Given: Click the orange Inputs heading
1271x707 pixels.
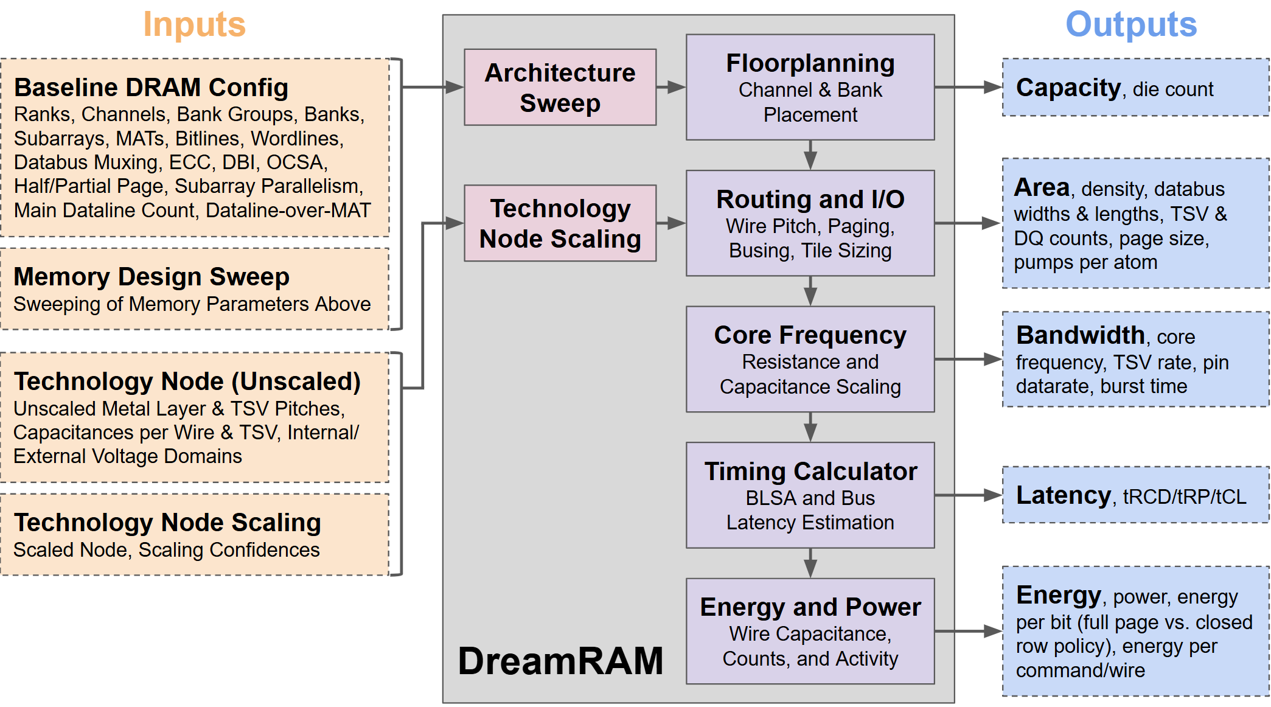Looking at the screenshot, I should pyautogui.click(x=194, y=25).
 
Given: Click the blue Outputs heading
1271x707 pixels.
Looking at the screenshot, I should pyautogui.click(x=1130, y=25).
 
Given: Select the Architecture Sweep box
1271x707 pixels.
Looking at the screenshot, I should pyautogui.click(x=560, y=88).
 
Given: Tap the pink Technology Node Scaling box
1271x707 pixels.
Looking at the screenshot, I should pyautogui.click(x=560, y=223).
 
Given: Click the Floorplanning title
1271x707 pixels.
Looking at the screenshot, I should pyautogui.click(x=810, y=63).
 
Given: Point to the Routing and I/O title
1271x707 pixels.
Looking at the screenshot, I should pyautogui.click(x=810, y=200).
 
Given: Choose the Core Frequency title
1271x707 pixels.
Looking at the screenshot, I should pyautogui.click(x=810, y=335).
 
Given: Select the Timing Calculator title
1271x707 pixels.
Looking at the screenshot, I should pyautogui.click(x=810, y=472).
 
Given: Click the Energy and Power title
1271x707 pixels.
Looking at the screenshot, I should pyautogui.click(x=810, y=607).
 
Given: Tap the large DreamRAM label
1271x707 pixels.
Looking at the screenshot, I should pyautogui.click(x=560, y=661).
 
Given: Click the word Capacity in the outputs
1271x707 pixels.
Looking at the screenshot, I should pyautogui.click(x=1068, y=88).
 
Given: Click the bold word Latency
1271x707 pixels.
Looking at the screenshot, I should pyautogui.click(x=1063, y=495).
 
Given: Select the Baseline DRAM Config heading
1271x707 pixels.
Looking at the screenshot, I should pyautogui.click(x=151, y=88).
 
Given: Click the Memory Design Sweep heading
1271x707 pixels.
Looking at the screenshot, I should pyautogui.click(x=151, y=277).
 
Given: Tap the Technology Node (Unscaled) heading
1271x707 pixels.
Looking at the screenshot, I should pyautogui.click(x=187, y=381).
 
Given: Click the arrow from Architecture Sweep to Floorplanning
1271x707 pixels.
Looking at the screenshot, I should pyautogui.click(x=670, y=87).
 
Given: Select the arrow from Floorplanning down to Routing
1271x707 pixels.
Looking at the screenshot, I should pyautogui.click(x=810, y=155).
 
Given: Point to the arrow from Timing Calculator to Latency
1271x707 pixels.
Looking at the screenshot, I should pyautogui.click(x=967, y=495).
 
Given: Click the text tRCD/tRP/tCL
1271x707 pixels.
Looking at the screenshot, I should pyautogui.click(x=1184, y=497).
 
